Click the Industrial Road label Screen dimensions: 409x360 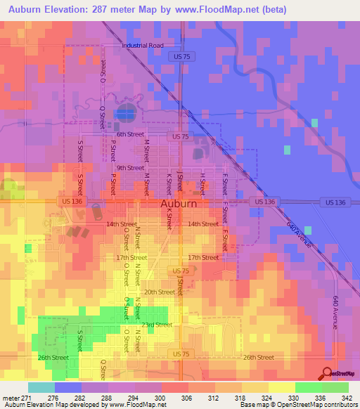(x=142, y=46)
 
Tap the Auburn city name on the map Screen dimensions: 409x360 (x=179, y=204)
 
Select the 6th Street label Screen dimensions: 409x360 (x=130, y=134)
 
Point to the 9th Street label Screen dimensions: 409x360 (x=130, y=168)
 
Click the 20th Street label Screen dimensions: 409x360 (x=159, y=292)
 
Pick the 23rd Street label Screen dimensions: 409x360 (x=156, y=325)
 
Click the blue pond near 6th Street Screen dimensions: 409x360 (x=127, y=112)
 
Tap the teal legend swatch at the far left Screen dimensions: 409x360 (x=41, y=387)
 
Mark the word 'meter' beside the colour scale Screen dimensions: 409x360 (x=11, y=398)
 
